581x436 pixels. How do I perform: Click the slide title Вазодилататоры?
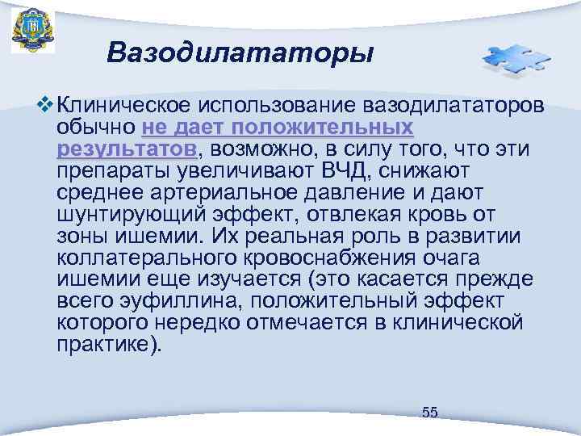coord(240,53)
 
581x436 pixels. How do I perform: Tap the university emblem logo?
coord(33,31)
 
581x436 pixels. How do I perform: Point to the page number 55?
coord(430,413)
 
